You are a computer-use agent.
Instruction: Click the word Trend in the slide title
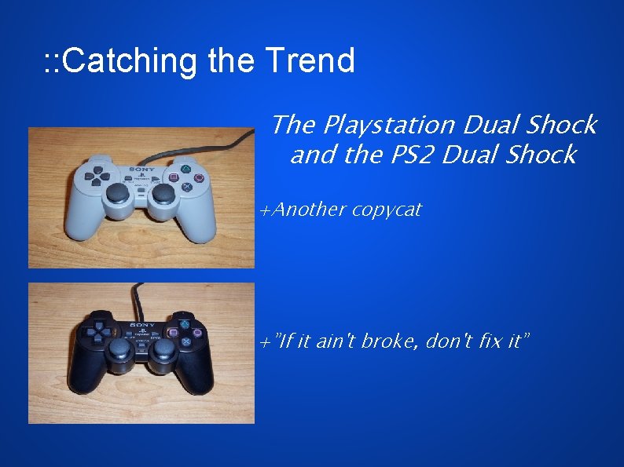tap(310, 60)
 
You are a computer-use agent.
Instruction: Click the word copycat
tap(387, 210)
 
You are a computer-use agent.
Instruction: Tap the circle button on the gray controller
tap(200, 177)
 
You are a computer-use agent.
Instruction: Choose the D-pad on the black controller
tap(97, 332)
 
